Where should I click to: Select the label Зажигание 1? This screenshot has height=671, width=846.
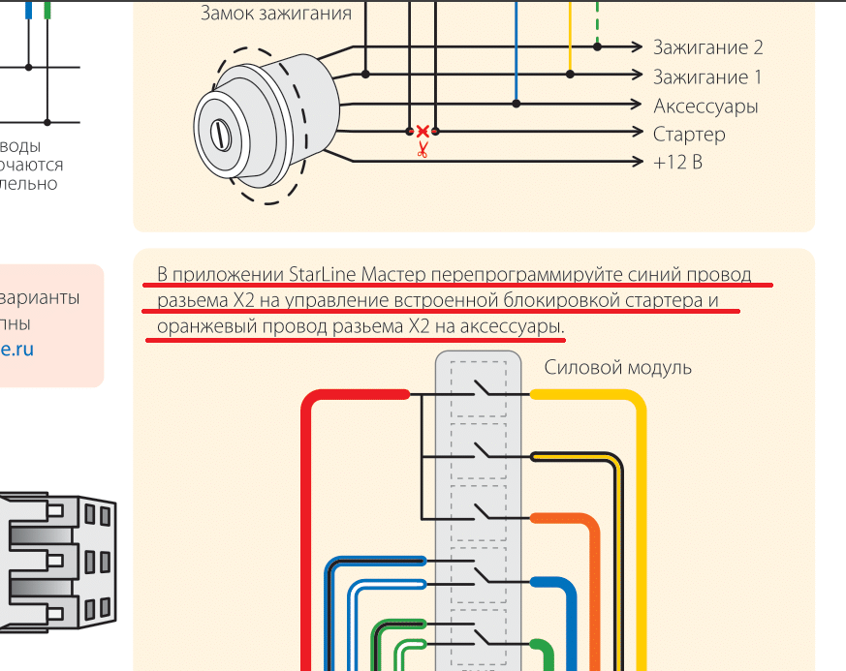click(707, 76)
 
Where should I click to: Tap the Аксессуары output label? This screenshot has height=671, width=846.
click(705, 106)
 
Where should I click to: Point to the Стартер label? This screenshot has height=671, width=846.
click(689, 134)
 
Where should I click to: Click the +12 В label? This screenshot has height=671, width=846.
click(678, 162)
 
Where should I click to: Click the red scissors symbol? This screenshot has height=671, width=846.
click(423, 150)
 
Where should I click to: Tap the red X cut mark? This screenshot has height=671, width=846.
click(423, 130)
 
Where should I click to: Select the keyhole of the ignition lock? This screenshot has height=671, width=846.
click(222, 135)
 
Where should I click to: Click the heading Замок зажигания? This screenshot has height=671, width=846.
click(276, 14)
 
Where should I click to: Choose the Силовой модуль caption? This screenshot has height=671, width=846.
click(617, 367)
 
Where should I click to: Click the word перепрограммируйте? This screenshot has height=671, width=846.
click(527, 274)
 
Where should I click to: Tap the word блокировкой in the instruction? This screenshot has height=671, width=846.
click(562, 300)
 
